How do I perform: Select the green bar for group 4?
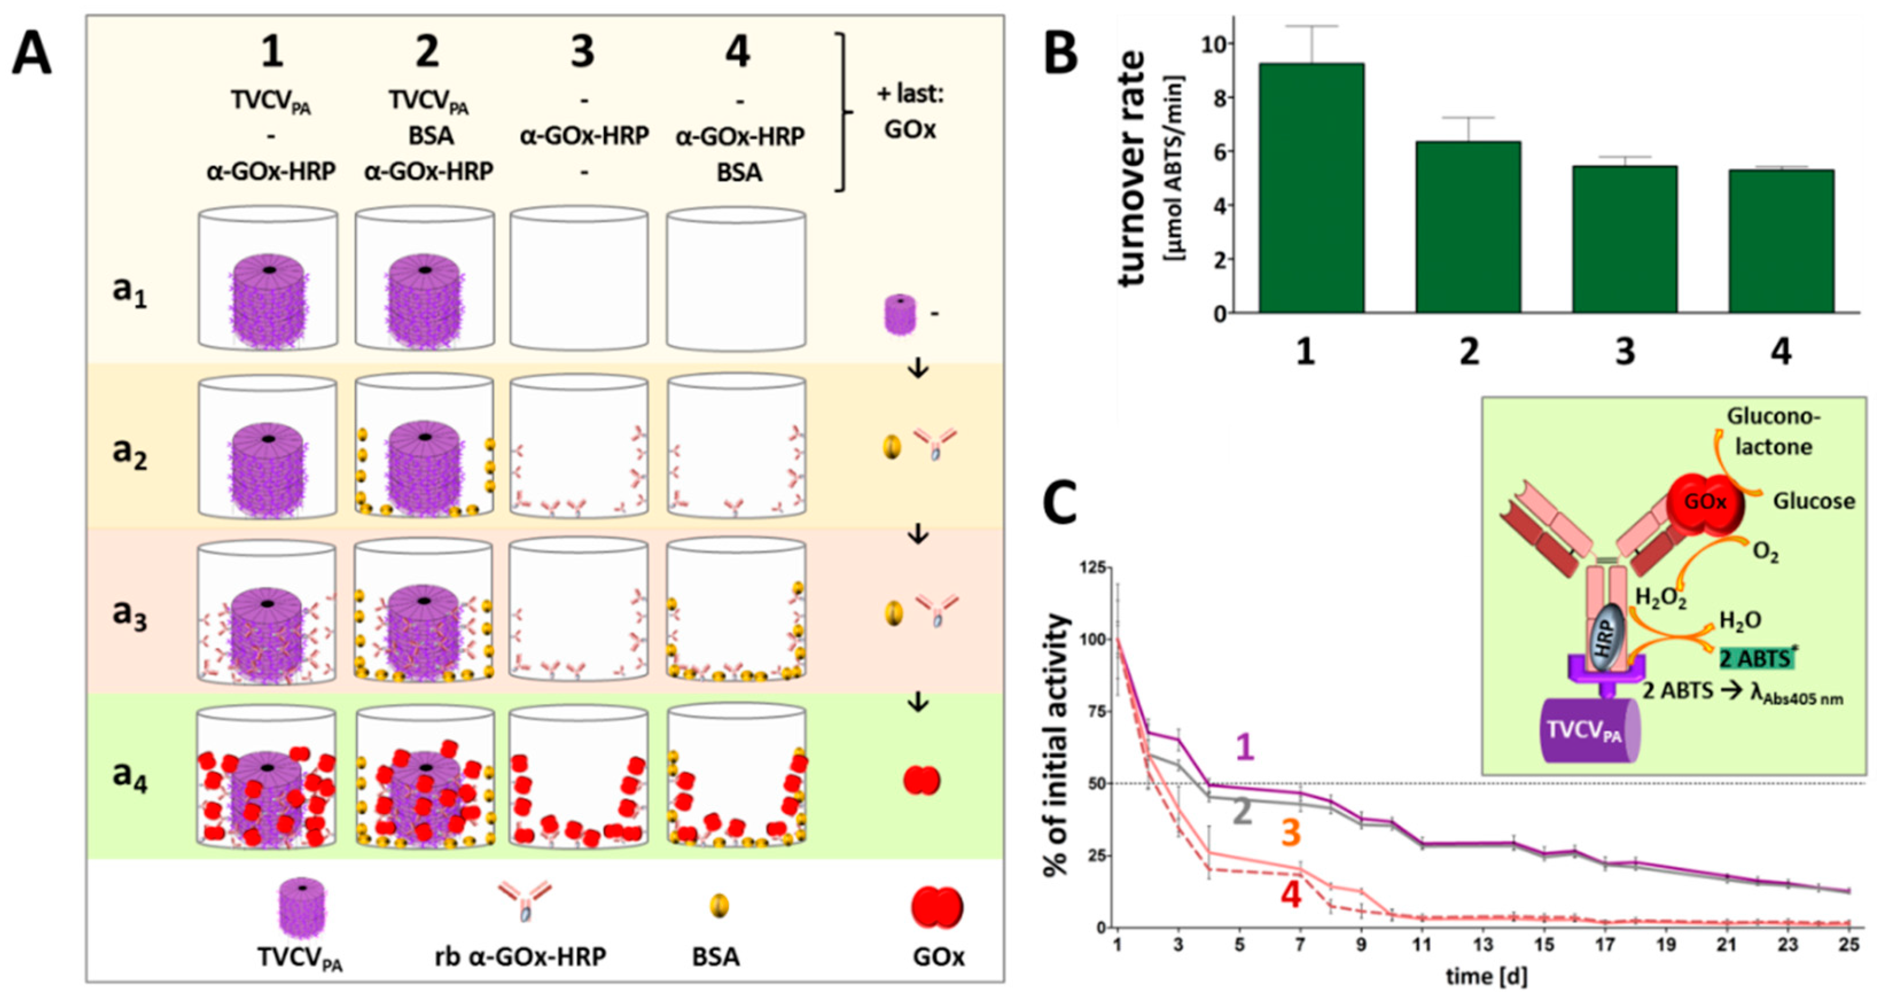point(1781,241)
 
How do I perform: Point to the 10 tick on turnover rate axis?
point(1214,44)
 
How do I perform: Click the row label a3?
point(130,613)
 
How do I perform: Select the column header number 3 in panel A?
point(582,52)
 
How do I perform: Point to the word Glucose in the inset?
point(1814,501)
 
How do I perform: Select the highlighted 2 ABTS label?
point(1756,658)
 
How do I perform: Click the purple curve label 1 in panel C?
point(1244,747)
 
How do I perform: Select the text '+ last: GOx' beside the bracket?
point(910,111)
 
